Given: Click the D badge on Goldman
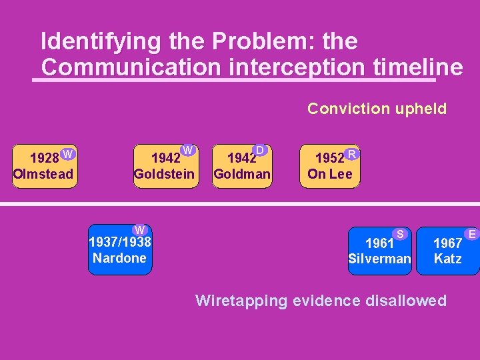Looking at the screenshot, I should tap(260, 151).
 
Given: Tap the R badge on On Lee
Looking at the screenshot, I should tap(352, 154).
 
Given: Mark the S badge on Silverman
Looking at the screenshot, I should tap(400, 233).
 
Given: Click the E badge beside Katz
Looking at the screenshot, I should tap(471, 233).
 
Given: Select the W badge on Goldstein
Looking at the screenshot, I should tap(188, 151).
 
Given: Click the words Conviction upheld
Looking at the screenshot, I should tap(377, 109).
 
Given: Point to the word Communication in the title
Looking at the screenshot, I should tap(130, 67).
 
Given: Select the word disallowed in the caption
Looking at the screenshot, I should tap(405, 301).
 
